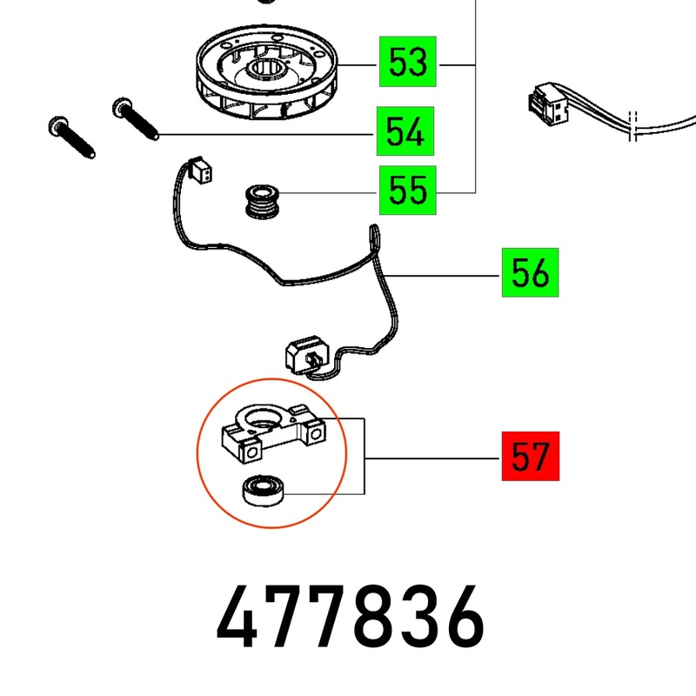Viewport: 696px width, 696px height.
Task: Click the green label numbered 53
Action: [407, 63]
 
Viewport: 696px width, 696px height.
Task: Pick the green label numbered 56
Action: [530, 274]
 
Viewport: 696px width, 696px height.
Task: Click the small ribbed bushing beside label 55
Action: [258, 203]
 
